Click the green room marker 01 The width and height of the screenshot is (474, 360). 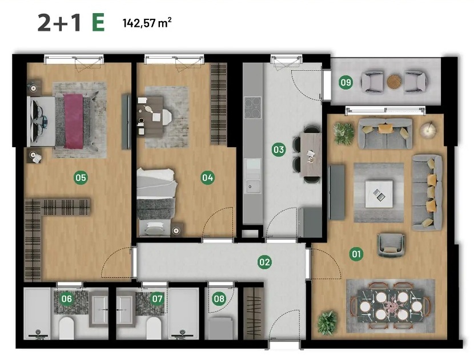click(356, 254)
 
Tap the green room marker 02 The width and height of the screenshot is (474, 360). click(264, 262)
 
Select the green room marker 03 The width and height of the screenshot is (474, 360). click(279, 149)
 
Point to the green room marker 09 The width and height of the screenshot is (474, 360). click(346, 82)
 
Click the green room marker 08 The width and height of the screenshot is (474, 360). click(219, 299)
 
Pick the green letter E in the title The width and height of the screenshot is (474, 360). click(98, 23)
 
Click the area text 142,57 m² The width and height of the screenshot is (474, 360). click(147, 23)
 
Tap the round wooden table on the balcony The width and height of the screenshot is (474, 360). click(394, 82)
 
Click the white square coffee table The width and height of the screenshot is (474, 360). click(379, 194)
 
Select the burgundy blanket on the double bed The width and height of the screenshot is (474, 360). click(74, 121)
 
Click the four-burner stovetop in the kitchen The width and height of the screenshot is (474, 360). click(253, 107)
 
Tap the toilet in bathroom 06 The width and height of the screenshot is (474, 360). click(66, 328)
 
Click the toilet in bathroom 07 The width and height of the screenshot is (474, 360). click(154, 328)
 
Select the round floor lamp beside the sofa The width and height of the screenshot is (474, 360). click(428, 130)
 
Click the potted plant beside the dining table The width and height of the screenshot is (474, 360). click(327, 323)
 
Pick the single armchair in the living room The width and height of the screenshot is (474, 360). click(391, 245)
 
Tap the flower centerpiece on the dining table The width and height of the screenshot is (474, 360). click(391, 306)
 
